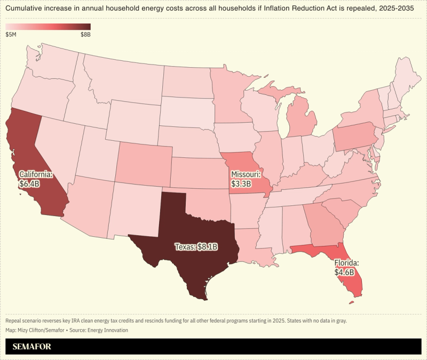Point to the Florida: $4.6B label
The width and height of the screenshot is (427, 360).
[346, 268]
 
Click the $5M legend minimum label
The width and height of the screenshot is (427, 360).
[11, 34]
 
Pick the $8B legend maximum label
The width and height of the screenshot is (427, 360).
[85, 34]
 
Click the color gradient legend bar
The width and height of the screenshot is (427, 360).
[48, 27]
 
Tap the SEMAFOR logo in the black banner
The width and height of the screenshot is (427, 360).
[33, 346]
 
